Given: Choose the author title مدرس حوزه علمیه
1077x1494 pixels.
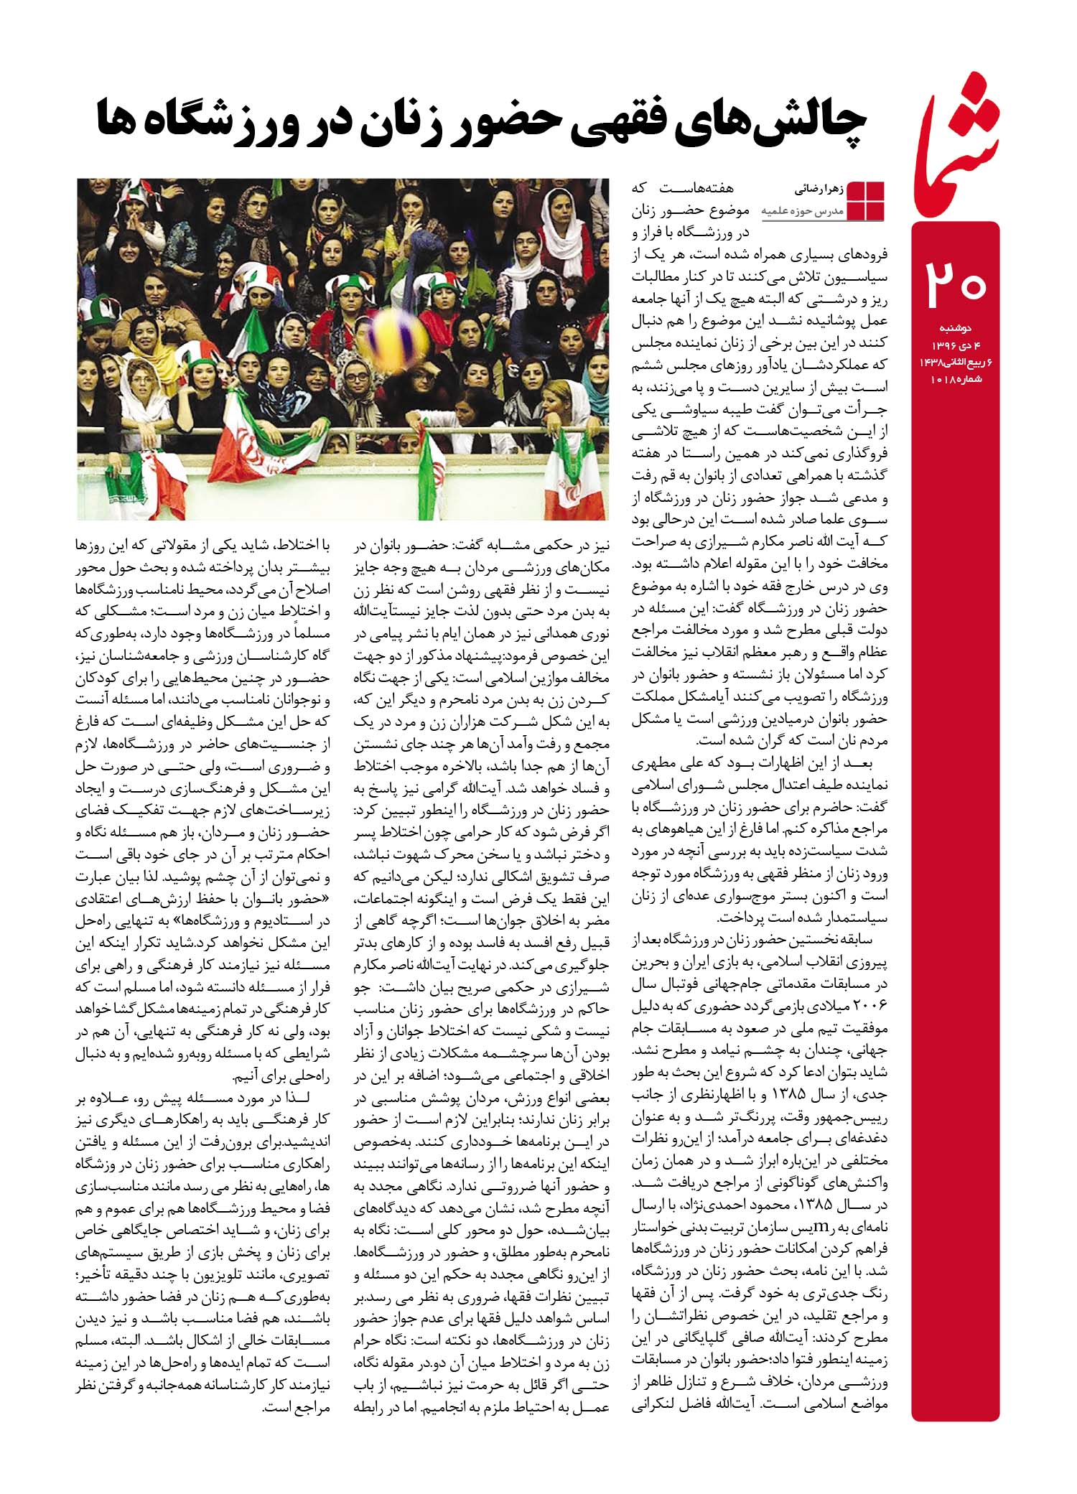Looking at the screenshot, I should (x=803, y=212).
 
